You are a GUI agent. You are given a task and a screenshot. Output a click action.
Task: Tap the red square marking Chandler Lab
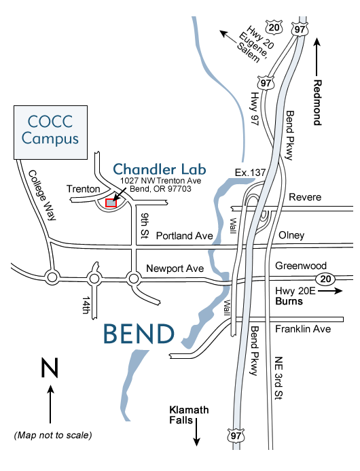[x=111, y=202]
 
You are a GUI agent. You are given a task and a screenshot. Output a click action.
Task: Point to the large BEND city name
[x=139, y=334]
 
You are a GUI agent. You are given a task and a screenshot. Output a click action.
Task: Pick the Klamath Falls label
[x=189, y=415]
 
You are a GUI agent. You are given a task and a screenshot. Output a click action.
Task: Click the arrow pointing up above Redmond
[x=317, y=50]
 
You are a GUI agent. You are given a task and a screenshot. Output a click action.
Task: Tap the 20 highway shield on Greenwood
[x=324, y=278]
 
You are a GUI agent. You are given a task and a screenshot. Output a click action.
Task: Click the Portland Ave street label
[x=184, y=236]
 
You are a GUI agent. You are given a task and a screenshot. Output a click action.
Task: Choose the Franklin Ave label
[x=302, y=329]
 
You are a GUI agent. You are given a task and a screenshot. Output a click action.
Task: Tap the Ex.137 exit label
[x=249, y=173]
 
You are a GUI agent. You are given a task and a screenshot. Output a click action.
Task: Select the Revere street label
[x=304, y=196]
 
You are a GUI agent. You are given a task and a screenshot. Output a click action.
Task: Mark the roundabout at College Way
[x=52, y=277]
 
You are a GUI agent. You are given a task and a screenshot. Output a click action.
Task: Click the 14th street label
[x=86, y=304]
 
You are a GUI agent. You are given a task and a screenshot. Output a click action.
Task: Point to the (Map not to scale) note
[x=52, y=434]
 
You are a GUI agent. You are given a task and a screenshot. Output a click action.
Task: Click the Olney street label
[x=292, y=236]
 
